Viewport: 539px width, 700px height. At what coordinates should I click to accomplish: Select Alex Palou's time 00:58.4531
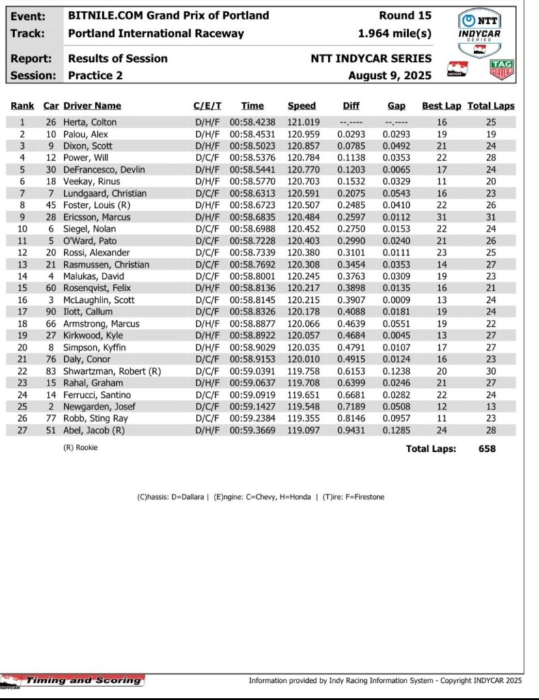pyautogui.click(x=251, y=134)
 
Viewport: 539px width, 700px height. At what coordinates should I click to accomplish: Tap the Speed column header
pyautogui.click(x=301, y=105)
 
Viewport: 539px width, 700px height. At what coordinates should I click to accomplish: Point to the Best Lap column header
pyautogui.click(x=441, y=105)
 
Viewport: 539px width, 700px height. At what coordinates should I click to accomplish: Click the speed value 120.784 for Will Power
pyautogui.click(x=301, y=158)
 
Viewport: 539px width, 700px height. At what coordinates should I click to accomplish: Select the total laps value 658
pyautogui.click(x=486, y=448)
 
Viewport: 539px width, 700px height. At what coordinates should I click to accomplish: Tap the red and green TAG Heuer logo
pyautogui.click(x=502, y=70)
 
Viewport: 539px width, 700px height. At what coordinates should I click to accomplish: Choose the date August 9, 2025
pyautogui.click(x=389, y=75)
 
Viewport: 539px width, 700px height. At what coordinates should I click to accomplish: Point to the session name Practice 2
pyautogui.click(x=96, y=75)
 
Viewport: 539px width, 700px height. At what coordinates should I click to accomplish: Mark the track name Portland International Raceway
pyautogui.click(x=156, y=33)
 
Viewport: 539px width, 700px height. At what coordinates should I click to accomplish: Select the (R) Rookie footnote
pyautogui.click(x=84, y=448)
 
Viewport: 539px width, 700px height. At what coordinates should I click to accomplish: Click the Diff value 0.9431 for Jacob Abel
pyautogui.click(x=350, y=430)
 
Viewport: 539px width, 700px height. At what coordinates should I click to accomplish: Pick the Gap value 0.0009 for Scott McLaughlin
pyautogui.click(x=396, y=300)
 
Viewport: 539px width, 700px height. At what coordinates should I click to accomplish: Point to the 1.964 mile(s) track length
pyautogui.click(x=395, y=33)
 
